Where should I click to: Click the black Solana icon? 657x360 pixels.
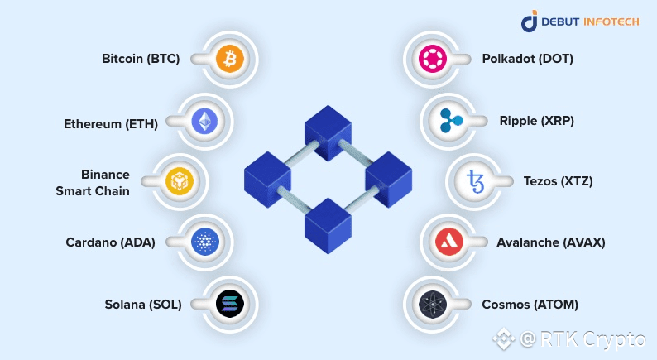230,304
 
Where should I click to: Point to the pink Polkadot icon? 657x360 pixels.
432,59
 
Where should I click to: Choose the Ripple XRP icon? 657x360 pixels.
453,121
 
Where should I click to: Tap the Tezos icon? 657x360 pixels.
477,180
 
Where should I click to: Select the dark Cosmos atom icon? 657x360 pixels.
432,304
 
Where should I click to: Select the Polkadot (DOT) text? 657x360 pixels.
527,60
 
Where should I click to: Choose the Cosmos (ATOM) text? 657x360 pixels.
530,304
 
